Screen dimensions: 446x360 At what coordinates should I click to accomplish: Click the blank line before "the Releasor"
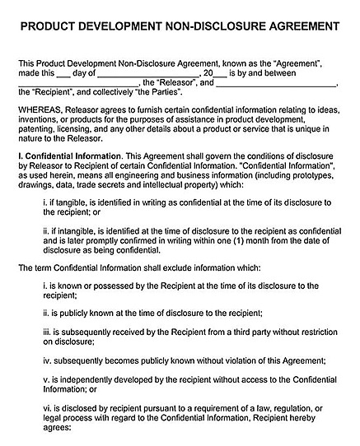pos(78,83)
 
